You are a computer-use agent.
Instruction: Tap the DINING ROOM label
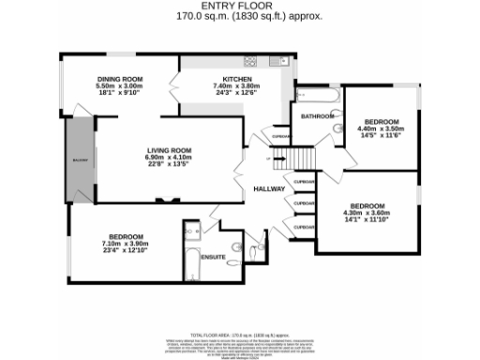(118, 79)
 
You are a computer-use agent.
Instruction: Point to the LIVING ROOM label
(168, 150)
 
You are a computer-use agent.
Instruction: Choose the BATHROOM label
(317, 116)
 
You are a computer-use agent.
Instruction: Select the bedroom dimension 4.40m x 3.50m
(382, 130)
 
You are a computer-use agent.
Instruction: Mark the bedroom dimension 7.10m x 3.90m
(125, 243)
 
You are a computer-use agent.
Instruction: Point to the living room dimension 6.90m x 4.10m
(168, 157)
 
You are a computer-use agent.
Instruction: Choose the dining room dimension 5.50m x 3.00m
(118, 85)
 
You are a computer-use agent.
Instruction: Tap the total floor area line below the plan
(239, 334)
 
